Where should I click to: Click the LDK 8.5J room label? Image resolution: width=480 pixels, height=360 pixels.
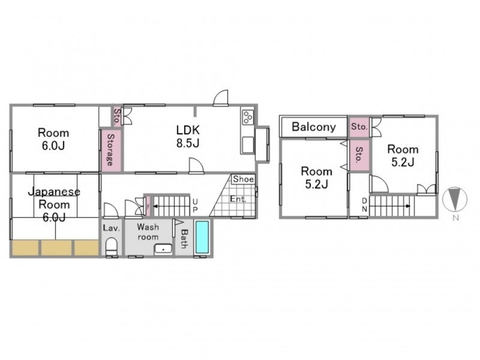pyautogui.click(x=188, y=137)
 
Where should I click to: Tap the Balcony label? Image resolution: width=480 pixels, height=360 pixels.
pyautogui.click(x=314, y=127)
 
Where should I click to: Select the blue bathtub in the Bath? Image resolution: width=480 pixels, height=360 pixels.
pyautogui.click(x=202, y=237)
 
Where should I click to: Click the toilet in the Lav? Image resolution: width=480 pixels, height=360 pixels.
pyautogui.click(x=112, y=247)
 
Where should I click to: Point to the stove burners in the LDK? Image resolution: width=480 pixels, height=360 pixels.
pyautogui.click(x=248, y=117)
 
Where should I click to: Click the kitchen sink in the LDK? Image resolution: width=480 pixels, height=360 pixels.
pyautogui.click(x=247, y=145)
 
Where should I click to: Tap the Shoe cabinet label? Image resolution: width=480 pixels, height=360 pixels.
pyautogui.click(x=244, y=179)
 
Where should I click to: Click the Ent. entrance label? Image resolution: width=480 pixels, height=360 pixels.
pyautogui.click(x=238, y=199)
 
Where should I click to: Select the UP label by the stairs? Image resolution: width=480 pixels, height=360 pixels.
pyautogui.click(x=195, y=205)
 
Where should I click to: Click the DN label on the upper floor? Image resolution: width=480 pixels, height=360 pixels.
pyautogui.click(x=364, y=205)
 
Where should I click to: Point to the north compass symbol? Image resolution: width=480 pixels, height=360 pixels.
pyautogui.click(x=455, y=199)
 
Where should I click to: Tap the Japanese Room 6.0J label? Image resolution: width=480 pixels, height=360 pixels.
pyautogui.click(x=54, y=204)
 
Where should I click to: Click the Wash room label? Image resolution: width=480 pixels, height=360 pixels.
pyautogui.click(x=148, y=232)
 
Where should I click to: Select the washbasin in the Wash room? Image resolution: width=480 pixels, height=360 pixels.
pyautogui.click(x=163, y=248)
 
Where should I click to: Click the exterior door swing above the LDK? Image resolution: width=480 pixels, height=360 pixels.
pyautogui.click(x=221, y=98)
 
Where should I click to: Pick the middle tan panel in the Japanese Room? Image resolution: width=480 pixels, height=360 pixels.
pyautogui.click(x=56, y=247)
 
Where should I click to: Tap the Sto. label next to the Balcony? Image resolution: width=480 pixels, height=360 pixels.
pyautogui.click(x=359, y=127)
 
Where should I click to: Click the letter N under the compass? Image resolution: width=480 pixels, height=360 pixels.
pyautogui.click(x=456, y=218)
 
